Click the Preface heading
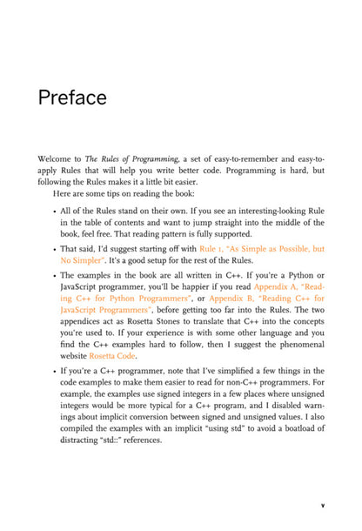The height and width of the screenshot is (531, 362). tap(72, 97)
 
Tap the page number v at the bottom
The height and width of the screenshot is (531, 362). tap(322, 504)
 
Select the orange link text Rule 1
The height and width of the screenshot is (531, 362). tap(213, 248)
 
